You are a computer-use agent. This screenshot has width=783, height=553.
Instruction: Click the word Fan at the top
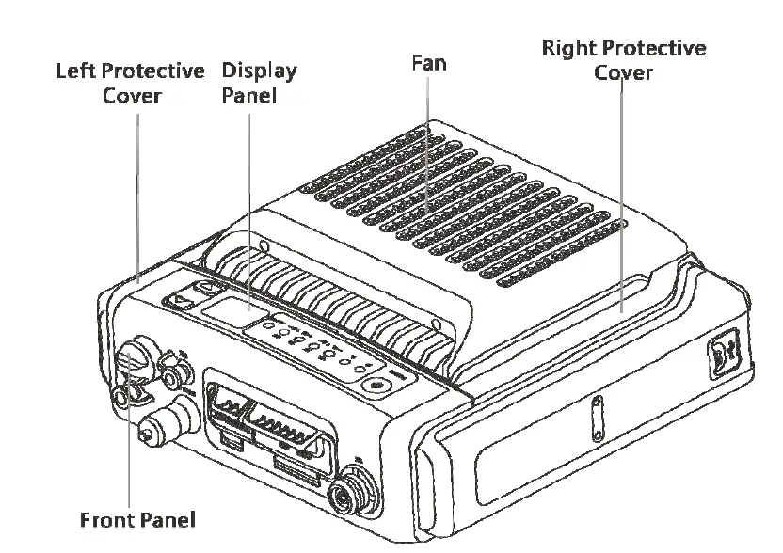(428, 63)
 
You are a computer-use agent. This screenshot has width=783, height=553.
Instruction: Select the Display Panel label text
(258, 83)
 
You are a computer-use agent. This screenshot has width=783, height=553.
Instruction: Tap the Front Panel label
(137, 519)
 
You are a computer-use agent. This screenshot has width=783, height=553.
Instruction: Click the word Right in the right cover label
(568, 49)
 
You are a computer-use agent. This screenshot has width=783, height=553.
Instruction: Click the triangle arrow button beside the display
(179, 302)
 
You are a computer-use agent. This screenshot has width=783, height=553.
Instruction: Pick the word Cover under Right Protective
(623, 72)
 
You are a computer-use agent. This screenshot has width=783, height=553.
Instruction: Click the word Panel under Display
(249, 95)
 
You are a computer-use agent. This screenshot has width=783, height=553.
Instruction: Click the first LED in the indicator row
(269, 328)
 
